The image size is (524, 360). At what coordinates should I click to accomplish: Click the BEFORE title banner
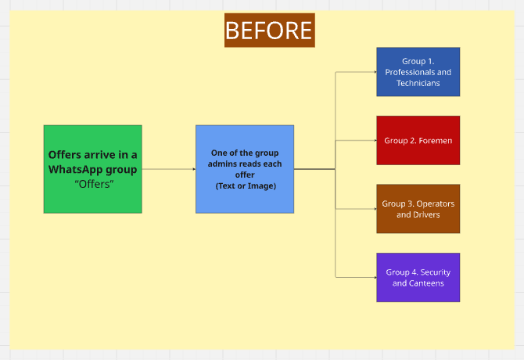click(x=269, y=30)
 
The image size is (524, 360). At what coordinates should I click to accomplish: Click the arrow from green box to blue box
click(x=168, y=169)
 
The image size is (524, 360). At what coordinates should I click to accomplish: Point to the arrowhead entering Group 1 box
click(x=374, y=72)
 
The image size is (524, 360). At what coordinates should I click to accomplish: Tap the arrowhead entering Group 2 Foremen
click(x=374, y=141)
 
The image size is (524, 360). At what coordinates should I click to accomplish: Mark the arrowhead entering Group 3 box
click(x=374, y=209)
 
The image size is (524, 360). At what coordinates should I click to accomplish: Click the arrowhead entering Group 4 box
click(x=374, y=277)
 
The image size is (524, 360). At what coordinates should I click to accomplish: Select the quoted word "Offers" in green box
click(x=94, y=184)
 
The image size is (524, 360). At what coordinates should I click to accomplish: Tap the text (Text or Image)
click(x=246, y=186)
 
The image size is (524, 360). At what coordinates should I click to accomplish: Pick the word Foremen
click(x=433, y=141)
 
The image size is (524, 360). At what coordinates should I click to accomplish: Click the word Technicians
click(x=418, y=83)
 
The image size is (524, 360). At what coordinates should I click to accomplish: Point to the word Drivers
click(x=427, y=214)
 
